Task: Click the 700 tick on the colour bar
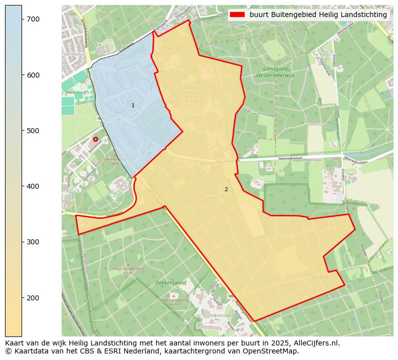coord(22,19)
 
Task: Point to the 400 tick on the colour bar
coord(22,186)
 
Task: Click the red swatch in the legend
coord(237,15)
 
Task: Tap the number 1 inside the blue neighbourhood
coord(133,106)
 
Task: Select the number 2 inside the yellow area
coord(226,189)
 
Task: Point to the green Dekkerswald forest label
coord(171,283)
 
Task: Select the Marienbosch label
coord(76,92)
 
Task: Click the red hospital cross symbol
coord(95,139)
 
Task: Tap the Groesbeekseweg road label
coord(83,33)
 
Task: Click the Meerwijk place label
coord(312,160)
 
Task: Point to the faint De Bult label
coord(320,276)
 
